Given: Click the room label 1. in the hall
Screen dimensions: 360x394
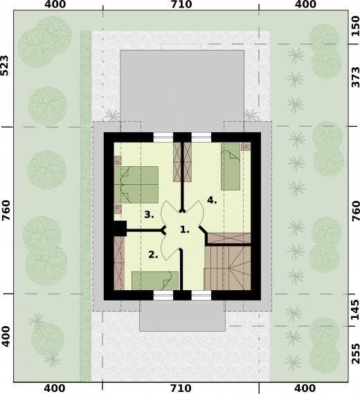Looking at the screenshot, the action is click(185, 229).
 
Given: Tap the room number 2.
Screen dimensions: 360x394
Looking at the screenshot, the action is click(153, 255).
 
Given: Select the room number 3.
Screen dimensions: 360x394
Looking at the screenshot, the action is click(150, 215).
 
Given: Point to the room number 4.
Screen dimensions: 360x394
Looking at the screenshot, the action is click(212, 200).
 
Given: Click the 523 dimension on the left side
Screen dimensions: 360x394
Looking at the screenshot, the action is click(5, 65).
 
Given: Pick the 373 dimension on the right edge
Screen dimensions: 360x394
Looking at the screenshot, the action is click(355, 77).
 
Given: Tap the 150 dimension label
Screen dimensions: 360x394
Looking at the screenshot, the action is click(355, 26).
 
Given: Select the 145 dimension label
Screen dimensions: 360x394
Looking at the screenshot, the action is click(355, 310).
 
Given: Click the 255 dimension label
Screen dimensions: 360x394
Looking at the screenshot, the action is click(355, 354).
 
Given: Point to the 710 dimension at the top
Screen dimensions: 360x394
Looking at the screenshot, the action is click(181, 4).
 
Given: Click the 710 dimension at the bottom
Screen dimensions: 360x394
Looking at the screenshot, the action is click(181, 388).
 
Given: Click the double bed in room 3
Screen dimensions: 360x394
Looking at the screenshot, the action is click(136, 184).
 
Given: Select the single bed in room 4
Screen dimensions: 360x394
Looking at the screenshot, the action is click(231, 167).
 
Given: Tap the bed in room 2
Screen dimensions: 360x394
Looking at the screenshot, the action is click(155, 280).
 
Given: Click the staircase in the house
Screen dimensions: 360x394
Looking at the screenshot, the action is click(227, 268).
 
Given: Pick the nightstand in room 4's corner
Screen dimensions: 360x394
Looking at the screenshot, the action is click(246, 147).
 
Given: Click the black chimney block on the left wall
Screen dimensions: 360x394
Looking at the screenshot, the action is click(120, 229).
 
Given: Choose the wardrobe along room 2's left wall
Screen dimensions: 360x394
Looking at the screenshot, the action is click(119, 263).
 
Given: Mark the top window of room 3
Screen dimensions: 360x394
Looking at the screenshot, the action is click(163, 137).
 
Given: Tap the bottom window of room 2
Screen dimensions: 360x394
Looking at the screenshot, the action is click(163, 295).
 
